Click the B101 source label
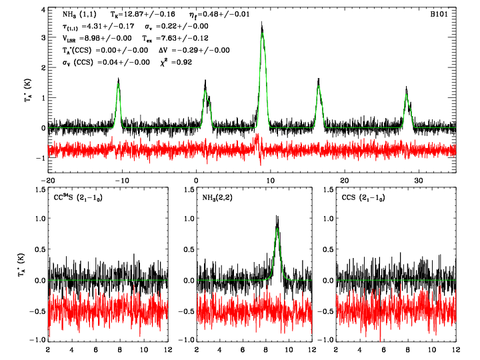(443, 13)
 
